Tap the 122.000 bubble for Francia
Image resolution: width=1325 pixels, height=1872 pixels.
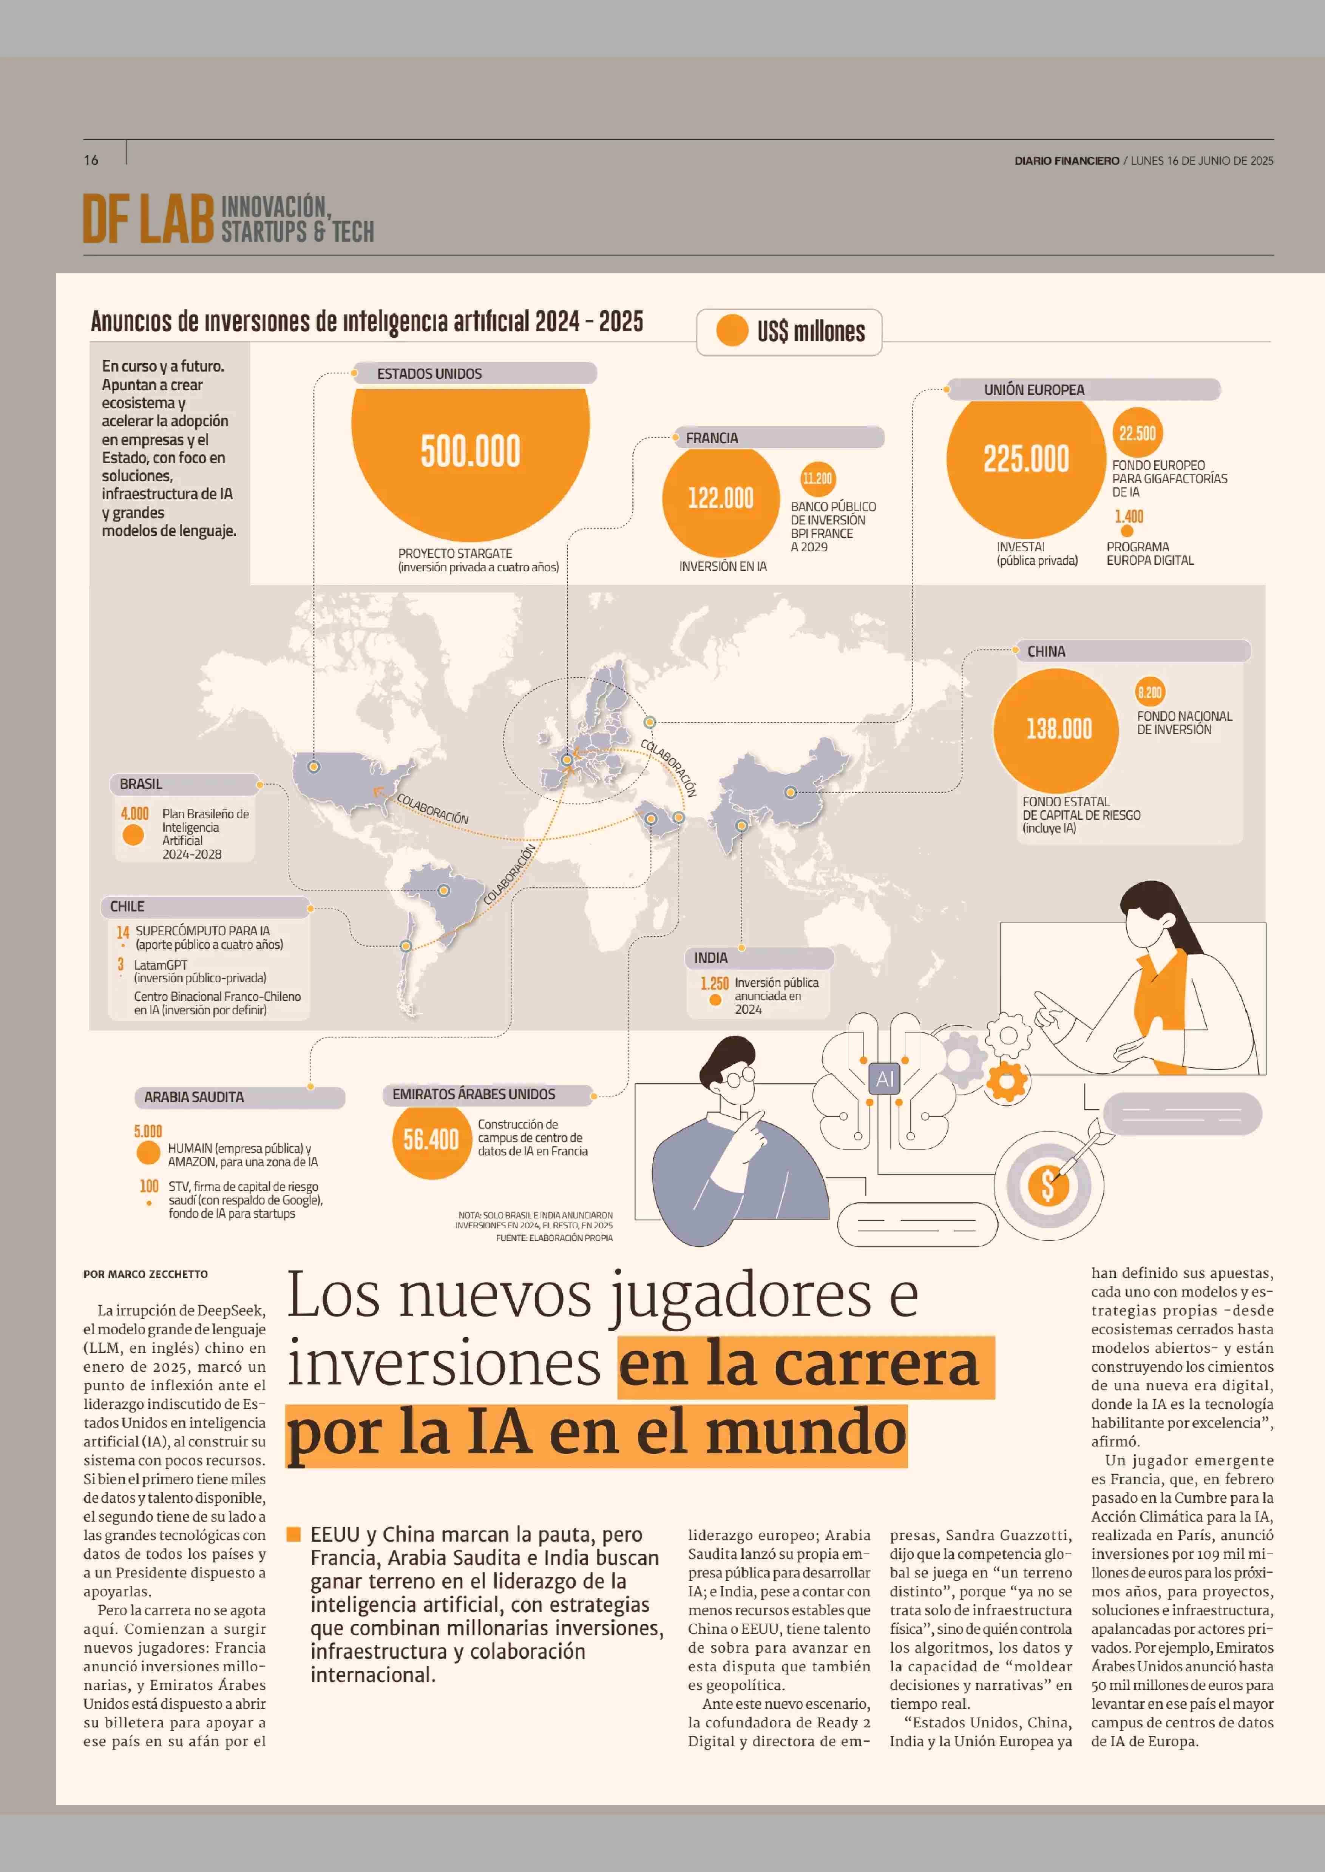pyautogui.click(x=720, y=498)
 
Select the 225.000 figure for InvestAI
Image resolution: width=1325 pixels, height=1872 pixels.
pyautogui.click(x=1025, y=459)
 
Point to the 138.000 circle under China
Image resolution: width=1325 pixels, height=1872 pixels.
pyautogui.click(x=1058, y=728)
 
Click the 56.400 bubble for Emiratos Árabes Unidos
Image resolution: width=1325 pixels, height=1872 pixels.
pyautogui.click(x=431, y=1139)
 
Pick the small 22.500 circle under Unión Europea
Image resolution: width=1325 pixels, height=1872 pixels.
pyautogui.click(x=1137, y=433)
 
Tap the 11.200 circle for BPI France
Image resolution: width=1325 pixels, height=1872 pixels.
pyautogui.click(x=817, y=479)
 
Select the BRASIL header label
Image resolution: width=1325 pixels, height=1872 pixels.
pyautogui.click(x=141, y=784)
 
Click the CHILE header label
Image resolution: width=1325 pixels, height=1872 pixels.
pyautogui.click(x=127, y=906)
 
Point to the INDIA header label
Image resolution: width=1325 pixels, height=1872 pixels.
pyautogui.click(x=710, y=958)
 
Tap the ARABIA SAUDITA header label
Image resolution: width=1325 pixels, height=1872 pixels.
pyautogui.click(x=194, y=1097)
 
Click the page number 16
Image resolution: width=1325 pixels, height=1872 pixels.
pyautogui.click(x=91, y=160)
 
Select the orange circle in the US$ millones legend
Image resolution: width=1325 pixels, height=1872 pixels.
pyautogui.click(x=732, y=330)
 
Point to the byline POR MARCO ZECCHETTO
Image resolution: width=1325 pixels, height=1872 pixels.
pyautogui.click(x=145, y=1274)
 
